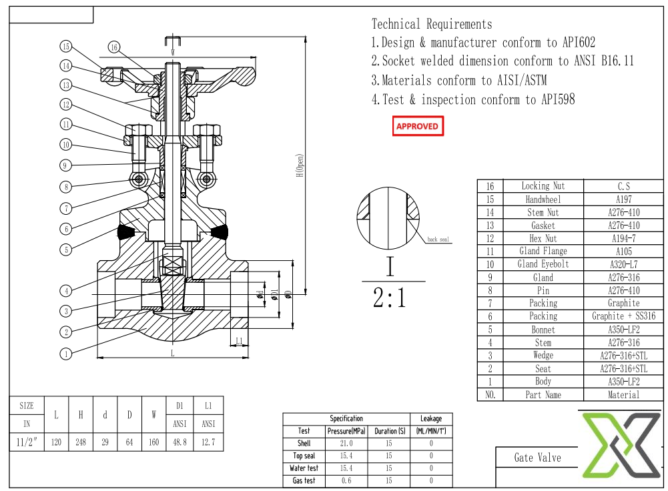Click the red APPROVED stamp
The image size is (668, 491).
(417, 126)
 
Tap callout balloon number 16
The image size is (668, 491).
(114, 47)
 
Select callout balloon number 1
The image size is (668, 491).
(65, 354)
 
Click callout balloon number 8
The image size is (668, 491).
(65, 187)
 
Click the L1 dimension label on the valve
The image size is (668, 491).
(239, 341)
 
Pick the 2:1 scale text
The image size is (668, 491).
(389, 298)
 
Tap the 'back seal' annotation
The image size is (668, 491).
(438, 239)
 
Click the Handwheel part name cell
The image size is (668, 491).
(543, 199)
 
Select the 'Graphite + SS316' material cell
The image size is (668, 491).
(623, 316)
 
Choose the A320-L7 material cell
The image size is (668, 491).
(623, 264)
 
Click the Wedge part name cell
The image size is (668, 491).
(543, 356)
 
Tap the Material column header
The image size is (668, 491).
(623, 395)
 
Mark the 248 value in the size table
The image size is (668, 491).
(81, 442)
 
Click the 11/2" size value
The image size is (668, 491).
(27, 442)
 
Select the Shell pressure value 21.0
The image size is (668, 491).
(346, 444)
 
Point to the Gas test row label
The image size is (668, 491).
(304, 480)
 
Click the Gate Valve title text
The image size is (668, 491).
(537, 458)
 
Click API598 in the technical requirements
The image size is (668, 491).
(551, 100)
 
